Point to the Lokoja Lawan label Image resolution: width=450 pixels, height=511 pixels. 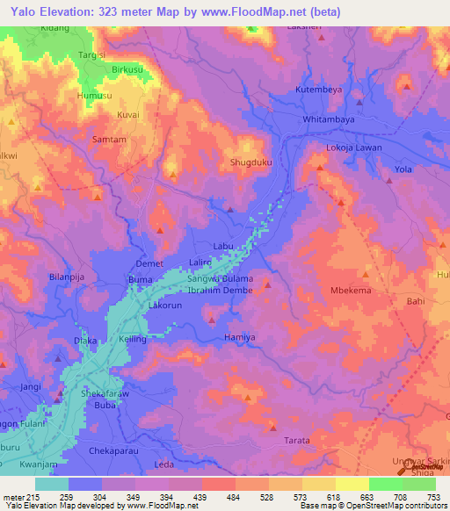click(354, 148)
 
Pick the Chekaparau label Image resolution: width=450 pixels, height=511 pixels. click(113, 450)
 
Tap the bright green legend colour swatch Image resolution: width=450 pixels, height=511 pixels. click(385, 483)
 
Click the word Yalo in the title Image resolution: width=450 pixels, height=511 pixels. click(26, 12)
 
